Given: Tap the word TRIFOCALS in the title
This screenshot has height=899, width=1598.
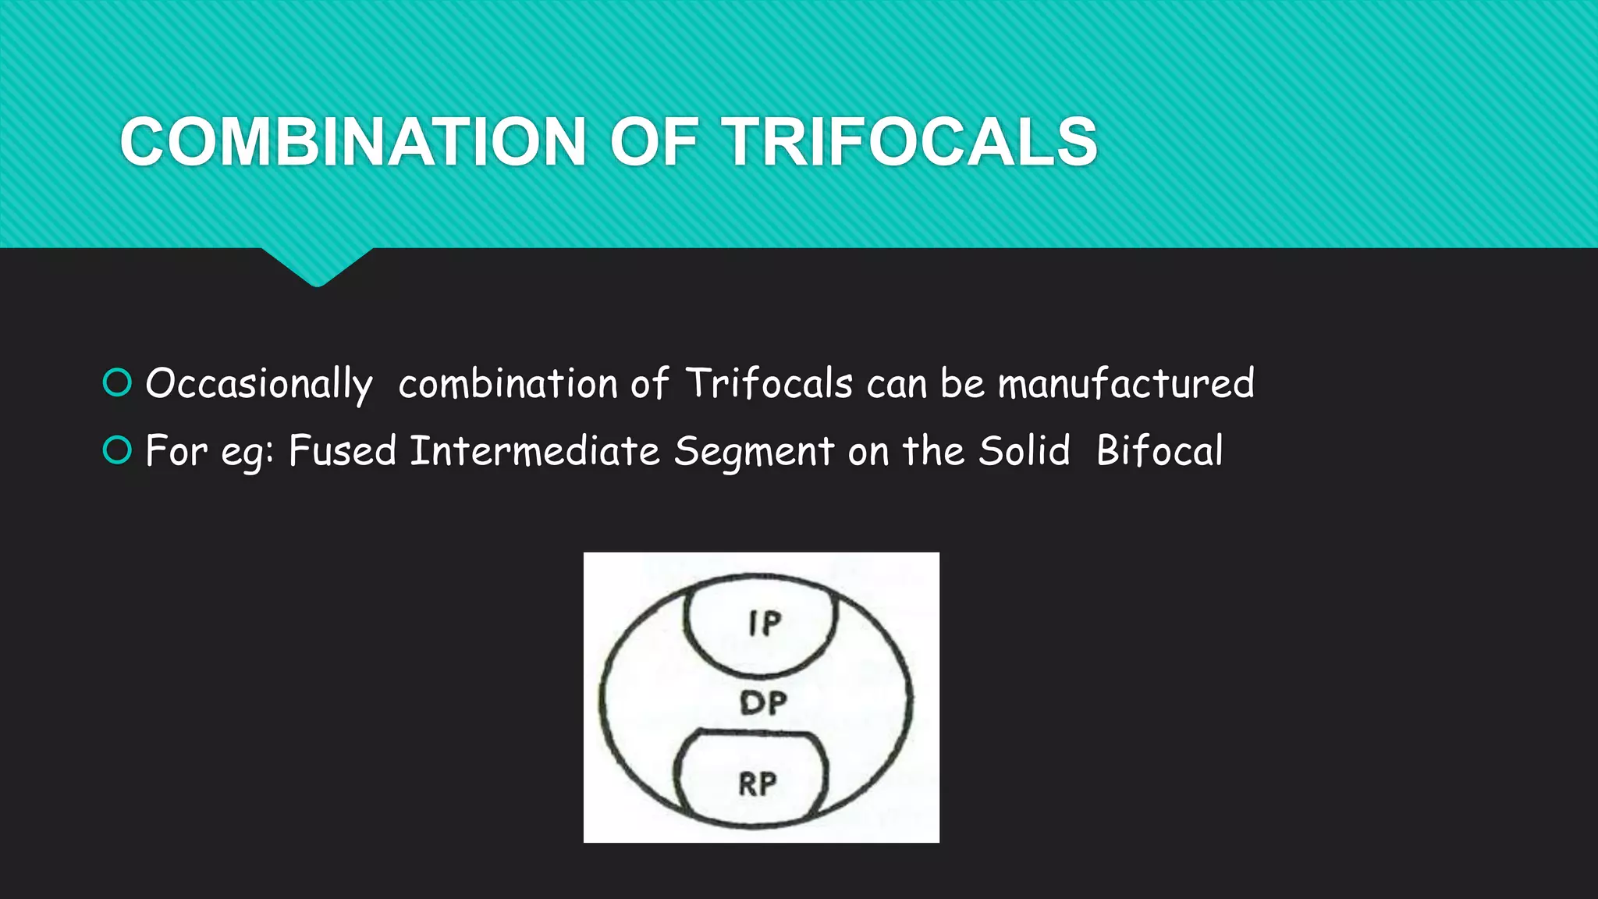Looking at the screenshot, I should pyautogui.click(x=911, y=142).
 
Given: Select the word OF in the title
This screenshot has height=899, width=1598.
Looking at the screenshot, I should pyautogui.click(x=654, y=142).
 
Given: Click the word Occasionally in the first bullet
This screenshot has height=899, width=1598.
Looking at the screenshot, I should pyautogui.click(x=259, y=384).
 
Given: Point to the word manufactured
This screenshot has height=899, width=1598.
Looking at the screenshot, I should pyautogui.click(x=1126, y=384).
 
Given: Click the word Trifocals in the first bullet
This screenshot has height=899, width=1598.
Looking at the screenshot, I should pyautogui.click(x=769, y=384).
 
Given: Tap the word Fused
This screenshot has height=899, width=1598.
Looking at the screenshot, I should pyautogui.click(x=343, y=451).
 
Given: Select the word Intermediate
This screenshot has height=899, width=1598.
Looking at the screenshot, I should pyautogui.click(x=534, y=451).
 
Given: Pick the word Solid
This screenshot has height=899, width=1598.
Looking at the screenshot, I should pyautogui.click(x=1024, y=451).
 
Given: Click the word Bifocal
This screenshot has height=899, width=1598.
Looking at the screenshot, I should pyautogui.click(x=1159, y=451).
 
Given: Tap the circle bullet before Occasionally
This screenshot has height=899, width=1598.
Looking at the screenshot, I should pyautogui.click(x=118, y=382).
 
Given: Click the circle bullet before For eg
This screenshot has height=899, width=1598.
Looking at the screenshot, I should pyautogui.click(x=118, y=450).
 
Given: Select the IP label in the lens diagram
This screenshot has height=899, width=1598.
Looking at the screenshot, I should pyautogui.click(x=764, y=623).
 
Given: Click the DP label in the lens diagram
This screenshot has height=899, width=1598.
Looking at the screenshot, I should pyautogui.click(x=763, y=703).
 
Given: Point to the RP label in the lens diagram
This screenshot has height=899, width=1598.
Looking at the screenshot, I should pyautogui.click(x=758, y=784).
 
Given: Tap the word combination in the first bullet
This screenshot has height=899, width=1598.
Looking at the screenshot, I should pyautogui.click(x=508, y=384).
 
